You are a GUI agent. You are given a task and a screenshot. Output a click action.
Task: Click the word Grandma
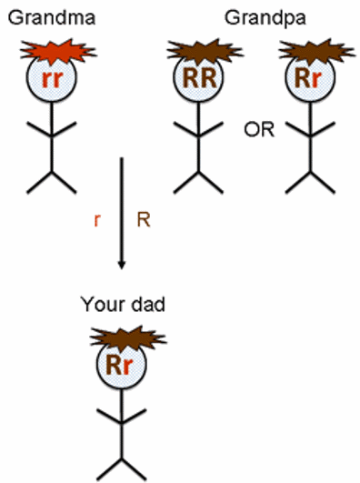tap(47, 17)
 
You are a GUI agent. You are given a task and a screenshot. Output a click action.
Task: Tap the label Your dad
tap(123, 306)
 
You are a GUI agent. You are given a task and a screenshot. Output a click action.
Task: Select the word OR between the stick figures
tap(260, 129)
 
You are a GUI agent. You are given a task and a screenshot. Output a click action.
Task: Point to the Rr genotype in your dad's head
tap(123, 367)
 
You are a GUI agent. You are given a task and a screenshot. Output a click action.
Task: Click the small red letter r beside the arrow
tap(97, 218)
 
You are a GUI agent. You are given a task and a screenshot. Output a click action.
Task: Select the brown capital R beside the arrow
tap(142, 218)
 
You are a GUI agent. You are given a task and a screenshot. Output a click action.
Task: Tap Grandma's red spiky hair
tap(52, 50)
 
